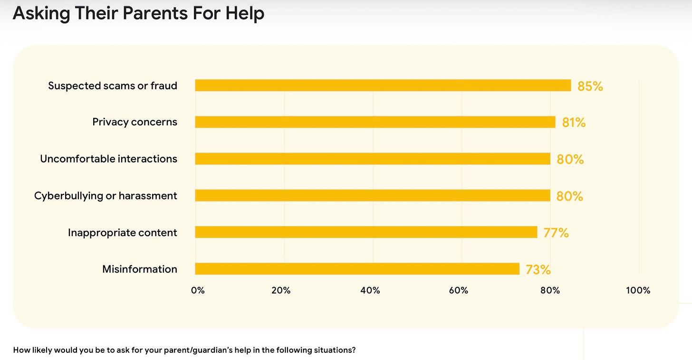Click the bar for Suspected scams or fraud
click(383, 85)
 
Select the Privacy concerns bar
click(375, 122)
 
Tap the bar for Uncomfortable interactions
click(373, 159)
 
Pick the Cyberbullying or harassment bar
click(373, 196)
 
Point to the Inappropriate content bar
click(366, 232)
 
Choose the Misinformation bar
click(357, 269)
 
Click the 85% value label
click(590, 86)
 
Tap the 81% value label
click(574, 123)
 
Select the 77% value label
click(556, 233)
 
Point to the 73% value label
click(538, 270)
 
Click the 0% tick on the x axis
click(198, 290)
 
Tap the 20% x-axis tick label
click(281, 290)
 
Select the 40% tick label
click(370, 290)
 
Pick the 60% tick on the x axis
click(459, 290)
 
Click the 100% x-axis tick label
click(638, 290)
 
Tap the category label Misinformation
click(140, 269)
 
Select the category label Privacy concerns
click(135, 122)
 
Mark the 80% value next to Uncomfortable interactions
click(570, 159)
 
